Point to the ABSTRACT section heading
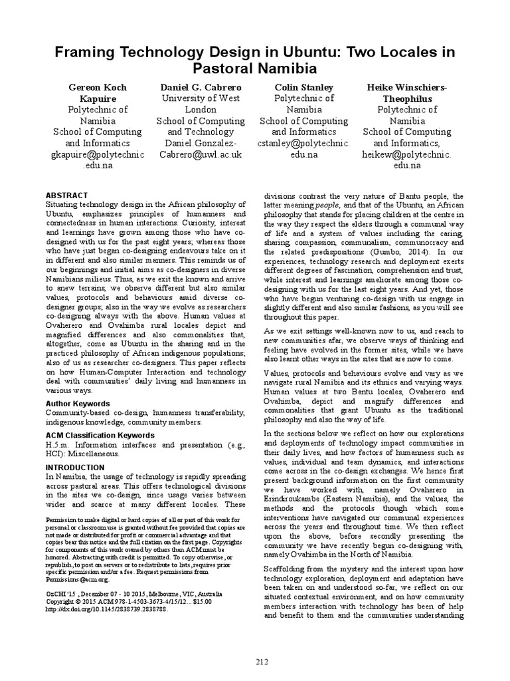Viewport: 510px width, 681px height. point(66,195)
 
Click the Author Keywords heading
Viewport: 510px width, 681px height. point(78,404)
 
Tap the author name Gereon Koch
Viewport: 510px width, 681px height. point(98,87)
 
